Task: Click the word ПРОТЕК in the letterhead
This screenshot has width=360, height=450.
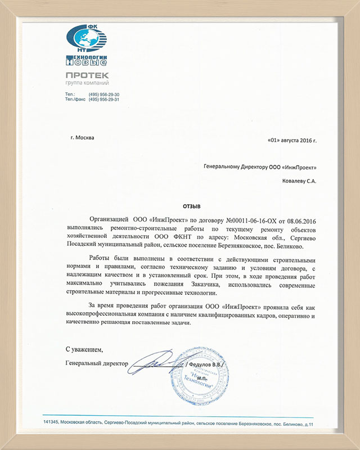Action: [87, 75]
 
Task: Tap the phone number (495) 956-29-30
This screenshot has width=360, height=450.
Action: [104, 94]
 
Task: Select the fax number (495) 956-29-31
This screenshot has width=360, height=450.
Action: [104, 100]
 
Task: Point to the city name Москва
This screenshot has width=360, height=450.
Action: [83, 138]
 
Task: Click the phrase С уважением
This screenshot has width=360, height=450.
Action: [84, 349]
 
